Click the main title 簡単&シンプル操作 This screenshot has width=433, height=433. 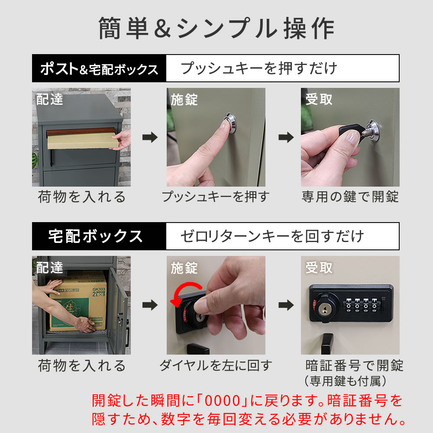pyautogui.click(x=216, y=29)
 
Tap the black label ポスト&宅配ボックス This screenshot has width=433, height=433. pyautogui.click(x=99, y=69)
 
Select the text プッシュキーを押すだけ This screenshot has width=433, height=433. pyautogui.click(x=259, y=68)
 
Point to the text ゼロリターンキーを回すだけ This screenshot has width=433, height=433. pyautogui.click(x=271, y=236)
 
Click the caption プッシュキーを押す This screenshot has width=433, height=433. pyautogui.click(x=215, y=197)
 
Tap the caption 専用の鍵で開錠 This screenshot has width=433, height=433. pyautogui.click(x=350, y=197)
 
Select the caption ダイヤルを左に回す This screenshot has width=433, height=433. pyautogui.click(x=215, y=365)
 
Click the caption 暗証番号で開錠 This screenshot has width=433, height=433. pyautogui.click(x=354, y=365)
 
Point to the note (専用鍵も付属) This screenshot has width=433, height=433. pyautogui.click(x=345, y=381)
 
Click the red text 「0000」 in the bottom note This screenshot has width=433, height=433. pyautogui.click(x=223, y=401)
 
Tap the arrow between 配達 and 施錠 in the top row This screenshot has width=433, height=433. pyautogui.click(x=150, y=137)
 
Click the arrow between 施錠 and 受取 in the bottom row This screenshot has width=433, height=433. pyautogui.click(x=285, y=305)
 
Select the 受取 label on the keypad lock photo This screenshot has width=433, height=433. pyautogui.click(x=319, y=268)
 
